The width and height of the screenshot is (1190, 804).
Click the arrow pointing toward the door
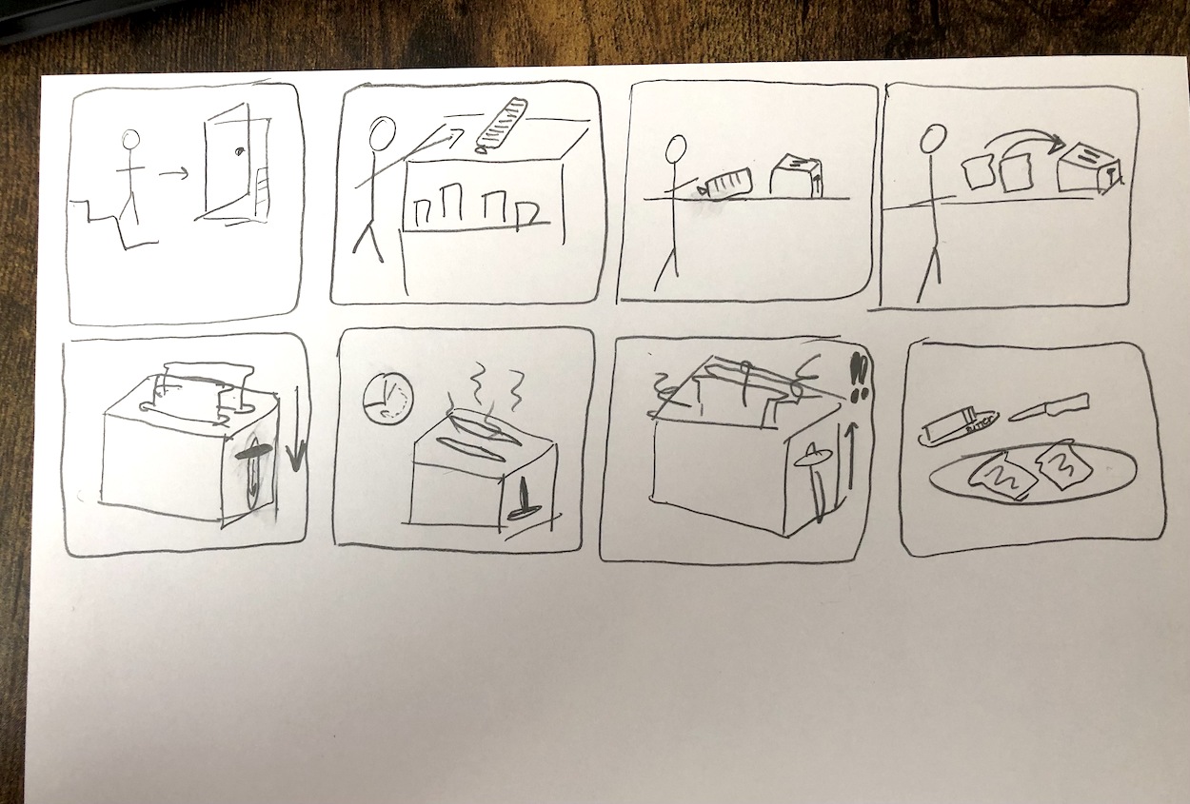[173, 173]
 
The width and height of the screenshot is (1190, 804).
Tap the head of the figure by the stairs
[130, 140]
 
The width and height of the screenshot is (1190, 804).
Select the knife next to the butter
[1046, 407]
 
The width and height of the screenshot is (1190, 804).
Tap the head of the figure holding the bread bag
[676, 147]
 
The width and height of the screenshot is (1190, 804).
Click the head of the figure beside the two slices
[931, 143]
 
